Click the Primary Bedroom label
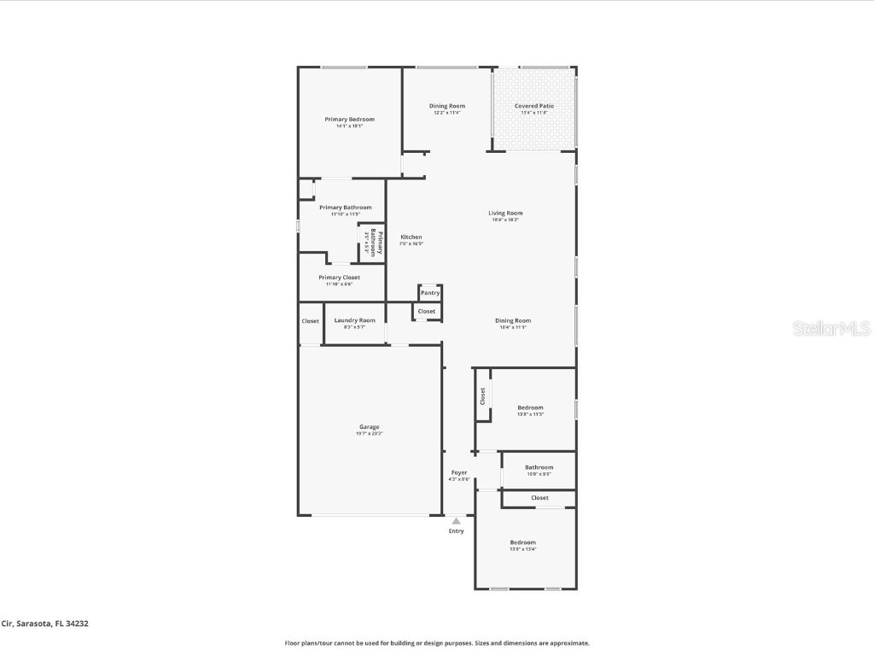pyautogui.click(x=349, y=120)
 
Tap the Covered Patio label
pyautogui.click(x=533, y=106)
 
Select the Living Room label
pyautogui.click(x=505, y=214)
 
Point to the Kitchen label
pyautogui.click(x=411, y=237)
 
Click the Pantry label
pyautogui.click(x=430, y=293)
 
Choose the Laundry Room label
pyautogui.click(x=354, y=320)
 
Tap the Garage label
pyautogui.click(x=369, y=427)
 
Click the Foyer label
pyautogui.click(x=459, y=472)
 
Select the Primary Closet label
pyautogui.click(x=339, y=278)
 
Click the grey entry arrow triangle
pyautogui.click(x=457, y=521)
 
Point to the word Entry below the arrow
pyautogui.click(x=457, y=531)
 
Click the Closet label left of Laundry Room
pyautogui.click(x=310, y=321)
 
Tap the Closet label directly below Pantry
pyautogui.click(x=427, y=312)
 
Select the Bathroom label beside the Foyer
pyautogui.click(x=539, y=467)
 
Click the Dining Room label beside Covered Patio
pyautogui.click(x=446, y=106)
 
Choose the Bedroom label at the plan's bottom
pyautogui.click(x=522, y=542)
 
